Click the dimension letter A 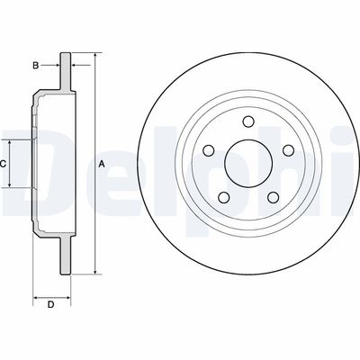[102, 163]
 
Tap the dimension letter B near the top [35, 65]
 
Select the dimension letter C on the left [3, 163]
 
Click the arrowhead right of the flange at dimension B [74, 65]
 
